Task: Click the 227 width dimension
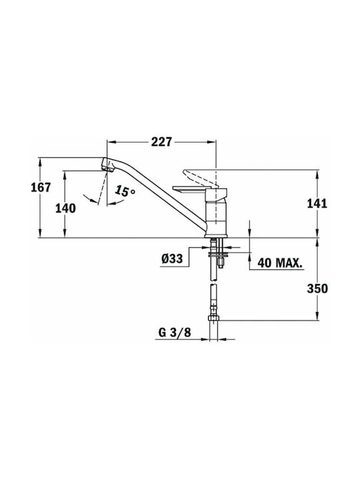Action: (x=161, y=142)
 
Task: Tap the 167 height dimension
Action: (x=41, y=187)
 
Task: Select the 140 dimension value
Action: (x=65, y=209)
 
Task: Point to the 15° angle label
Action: (x=125, y=191)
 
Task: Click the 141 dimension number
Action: (x=317, y=203)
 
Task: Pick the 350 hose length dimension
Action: (x=317, y=289)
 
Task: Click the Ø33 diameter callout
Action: (x=172, y=259)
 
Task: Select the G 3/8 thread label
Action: (x=175, y=333)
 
